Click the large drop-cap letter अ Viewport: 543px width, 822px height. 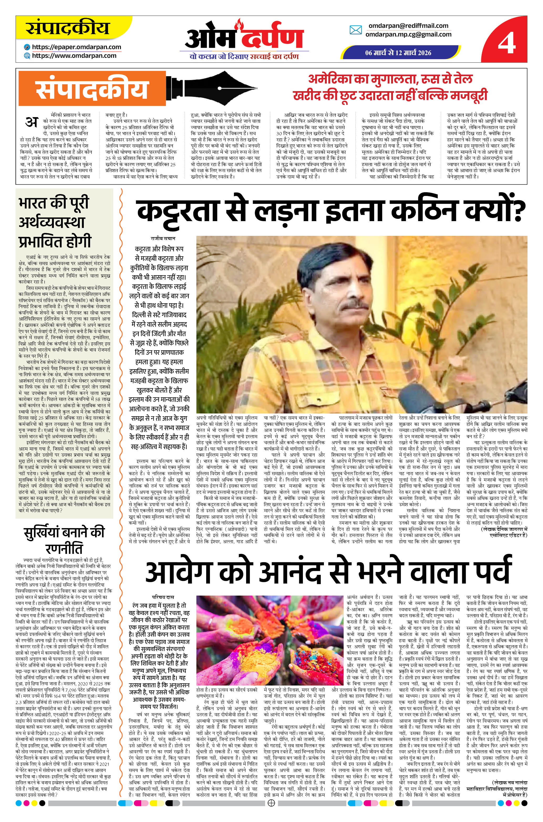point(32,122)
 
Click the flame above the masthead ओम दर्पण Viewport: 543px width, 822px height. point(238,24)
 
